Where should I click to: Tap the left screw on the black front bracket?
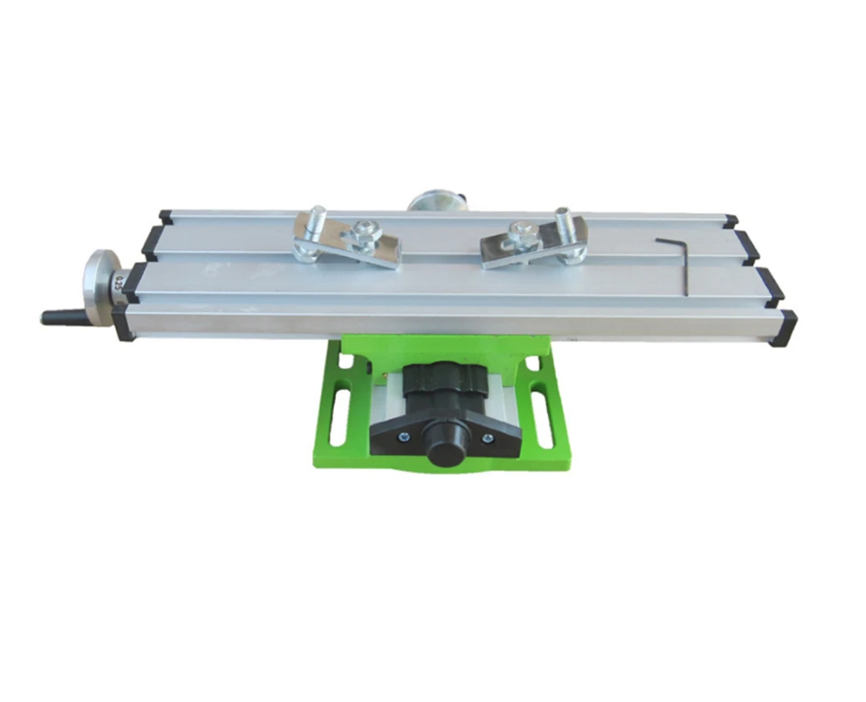tap(405, 438)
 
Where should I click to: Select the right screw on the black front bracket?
tap(488, 438)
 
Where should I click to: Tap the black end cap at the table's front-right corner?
tap(785, 328)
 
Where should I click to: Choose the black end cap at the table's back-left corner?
tap(165, 217)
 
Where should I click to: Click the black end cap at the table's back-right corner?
tap(730, 220)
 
